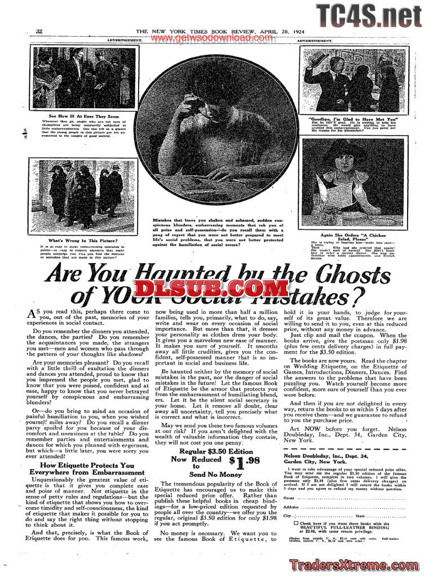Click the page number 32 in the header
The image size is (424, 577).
coord(39,31)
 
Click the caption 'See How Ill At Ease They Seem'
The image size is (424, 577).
coord(84,116)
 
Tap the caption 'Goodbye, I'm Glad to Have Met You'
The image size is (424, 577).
coord(353,119)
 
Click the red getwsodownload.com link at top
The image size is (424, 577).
coord(211,38)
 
